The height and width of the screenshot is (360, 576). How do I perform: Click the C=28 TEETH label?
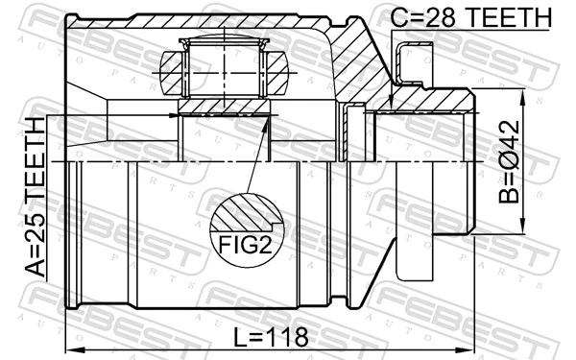point(472,16)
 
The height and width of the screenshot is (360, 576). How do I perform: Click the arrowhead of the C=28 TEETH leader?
point(391,103)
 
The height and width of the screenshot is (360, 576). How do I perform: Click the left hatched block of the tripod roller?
point(171,69)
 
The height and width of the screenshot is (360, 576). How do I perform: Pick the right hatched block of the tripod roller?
point(278,69)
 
